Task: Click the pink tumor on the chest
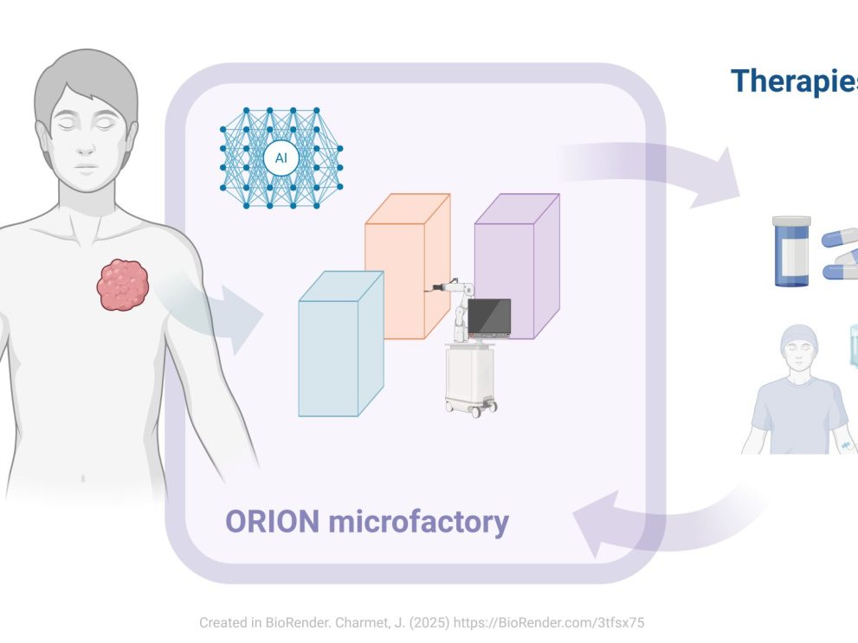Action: tap(122, 285)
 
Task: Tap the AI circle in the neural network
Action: tap(281, 158)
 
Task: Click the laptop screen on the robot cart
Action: tap(488, 317)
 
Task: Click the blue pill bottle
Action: tap(790, 257)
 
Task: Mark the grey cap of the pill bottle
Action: tap(791, 222)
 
